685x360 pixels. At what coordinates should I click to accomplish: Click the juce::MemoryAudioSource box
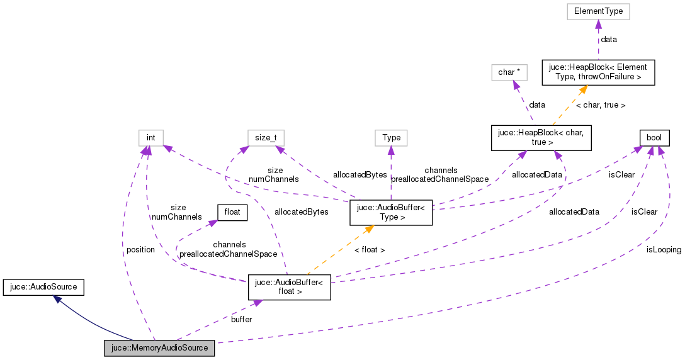click(x=159, y=347)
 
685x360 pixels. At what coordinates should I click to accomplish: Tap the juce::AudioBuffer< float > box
click(x=290, y=287)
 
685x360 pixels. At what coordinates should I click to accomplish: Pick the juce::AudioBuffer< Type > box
click(x=391, y=212)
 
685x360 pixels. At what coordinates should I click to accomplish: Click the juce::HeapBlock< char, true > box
click(x=541, y=138)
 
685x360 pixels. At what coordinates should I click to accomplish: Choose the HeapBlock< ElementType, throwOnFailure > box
click(x=599, y=72)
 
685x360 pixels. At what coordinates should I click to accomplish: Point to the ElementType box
click(x=598, y=11)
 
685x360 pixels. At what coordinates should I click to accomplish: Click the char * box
click(x=509, y=72)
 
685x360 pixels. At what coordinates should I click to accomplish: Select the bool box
click(x=654, y=137)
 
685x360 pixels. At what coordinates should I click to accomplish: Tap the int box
click(x=151, y=137)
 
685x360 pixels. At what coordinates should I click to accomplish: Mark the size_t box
click(x=266, y=137)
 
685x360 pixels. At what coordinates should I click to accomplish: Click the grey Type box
click(x=391, y=137)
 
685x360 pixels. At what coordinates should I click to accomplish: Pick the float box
click(x=232, y=212)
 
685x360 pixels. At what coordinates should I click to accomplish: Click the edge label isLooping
click(x=664, y=249)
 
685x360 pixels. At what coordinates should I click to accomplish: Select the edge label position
click(x=140, y=250)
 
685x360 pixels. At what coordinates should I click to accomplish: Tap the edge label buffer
click(x=241, y=320)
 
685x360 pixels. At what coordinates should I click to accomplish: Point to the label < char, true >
click(x=601, y=105)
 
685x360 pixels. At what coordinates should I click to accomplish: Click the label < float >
click(x=369, y=250)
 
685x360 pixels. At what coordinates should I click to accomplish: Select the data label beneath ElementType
click(x=609, y=39)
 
